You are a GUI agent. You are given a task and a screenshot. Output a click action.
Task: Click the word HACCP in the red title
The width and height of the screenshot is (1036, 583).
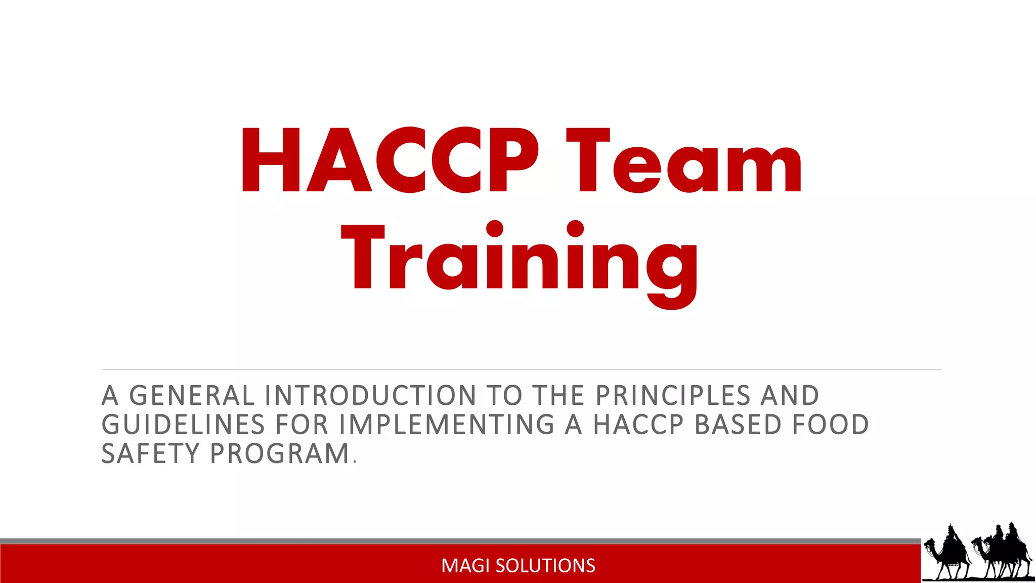pos(390,160)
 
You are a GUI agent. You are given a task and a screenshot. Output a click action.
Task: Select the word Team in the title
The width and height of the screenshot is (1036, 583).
pos(683,160)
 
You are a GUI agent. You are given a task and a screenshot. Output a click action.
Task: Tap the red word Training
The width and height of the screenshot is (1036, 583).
pos(521,259)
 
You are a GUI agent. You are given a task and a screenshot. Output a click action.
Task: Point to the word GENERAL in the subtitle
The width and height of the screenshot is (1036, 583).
pos(192,395)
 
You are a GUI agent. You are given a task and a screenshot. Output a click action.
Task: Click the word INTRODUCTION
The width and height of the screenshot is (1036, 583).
pos(370,395)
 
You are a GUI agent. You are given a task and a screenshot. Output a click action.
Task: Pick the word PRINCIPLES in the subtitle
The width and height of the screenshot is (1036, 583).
pos(673,395)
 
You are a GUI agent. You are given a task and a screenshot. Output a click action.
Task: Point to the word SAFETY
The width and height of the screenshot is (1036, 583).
pos(151,453)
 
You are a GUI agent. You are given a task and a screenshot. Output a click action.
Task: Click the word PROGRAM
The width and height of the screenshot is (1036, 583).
pos(280,453)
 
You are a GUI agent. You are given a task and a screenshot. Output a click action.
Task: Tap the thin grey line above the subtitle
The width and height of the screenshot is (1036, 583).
pos(521,369)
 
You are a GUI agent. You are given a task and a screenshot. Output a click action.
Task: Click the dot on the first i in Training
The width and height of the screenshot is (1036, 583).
pos(495,229)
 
